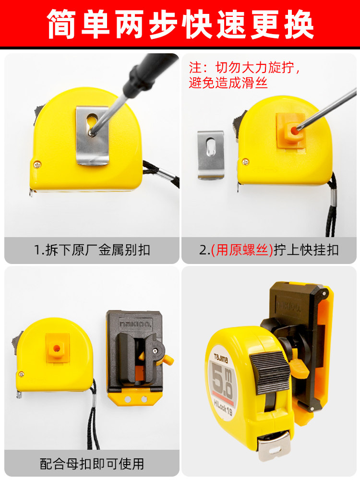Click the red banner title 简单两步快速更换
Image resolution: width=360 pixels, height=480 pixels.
(180, 24)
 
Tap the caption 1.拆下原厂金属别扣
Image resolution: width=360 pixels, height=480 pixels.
(92, 250)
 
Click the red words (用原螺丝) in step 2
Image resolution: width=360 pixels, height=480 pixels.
(242, 250)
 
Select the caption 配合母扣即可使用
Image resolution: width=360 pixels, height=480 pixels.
(92, 464)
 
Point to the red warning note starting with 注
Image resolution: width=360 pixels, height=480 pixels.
(244, 75)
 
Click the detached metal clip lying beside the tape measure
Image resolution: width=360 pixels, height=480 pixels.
(211, 155)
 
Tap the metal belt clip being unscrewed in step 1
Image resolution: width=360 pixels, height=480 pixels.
(93, 135)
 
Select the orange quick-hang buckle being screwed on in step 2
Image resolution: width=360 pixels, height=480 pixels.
(291, 131)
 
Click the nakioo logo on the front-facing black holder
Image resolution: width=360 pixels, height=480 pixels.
(135, 323)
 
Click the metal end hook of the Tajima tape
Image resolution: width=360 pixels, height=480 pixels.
(274, 445)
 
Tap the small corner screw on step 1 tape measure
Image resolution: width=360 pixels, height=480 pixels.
(37, 164)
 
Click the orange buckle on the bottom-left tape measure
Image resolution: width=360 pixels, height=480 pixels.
(57, 348)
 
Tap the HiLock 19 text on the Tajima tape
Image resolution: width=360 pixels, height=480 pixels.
(223, 408)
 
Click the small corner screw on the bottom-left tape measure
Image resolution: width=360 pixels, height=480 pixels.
(21, 374)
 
